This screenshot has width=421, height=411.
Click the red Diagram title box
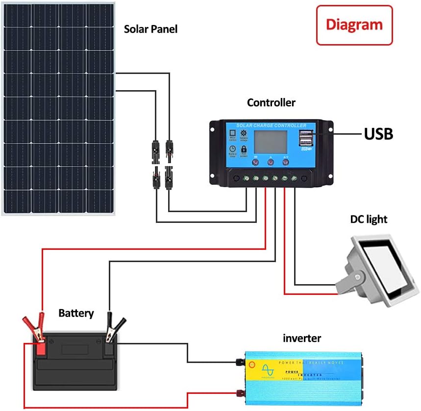pyautogui.click(x=354, y=25)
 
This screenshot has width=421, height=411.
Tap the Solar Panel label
pyautogui.click(x=150, y=29)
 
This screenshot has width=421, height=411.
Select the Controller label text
pyautogui.click(x=271, y=103)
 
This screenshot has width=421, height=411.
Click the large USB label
pyautogui.click(x=378, y=134)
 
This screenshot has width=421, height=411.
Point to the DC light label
pyautogui.click(x=369, y=219)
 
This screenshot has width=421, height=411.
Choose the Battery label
pyautogui.click(x=76, y=313)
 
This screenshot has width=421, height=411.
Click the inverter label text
pyautogui.click(x=302, y=338)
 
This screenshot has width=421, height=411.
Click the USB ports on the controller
pyautogui.click(x=306, y=139)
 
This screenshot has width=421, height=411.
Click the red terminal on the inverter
pyautogui.click(x=240, y=392)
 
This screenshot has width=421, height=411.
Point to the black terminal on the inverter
pyautogui.click(x=240, y=363)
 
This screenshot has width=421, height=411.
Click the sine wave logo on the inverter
pyautogui.click(x=268, y=371)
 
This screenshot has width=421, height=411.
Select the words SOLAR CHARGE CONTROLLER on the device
pyautogui.click(x=271, y=126)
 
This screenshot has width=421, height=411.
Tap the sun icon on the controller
pyautogui.click(x=244, y=134)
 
